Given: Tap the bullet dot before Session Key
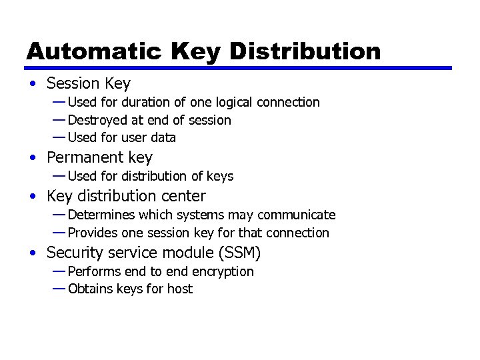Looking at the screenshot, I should (33, 84).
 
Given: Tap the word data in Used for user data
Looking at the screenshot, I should (163, 138).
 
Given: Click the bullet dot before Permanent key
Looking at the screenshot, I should (33, 158).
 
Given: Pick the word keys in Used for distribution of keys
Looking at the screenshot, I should (220, 176).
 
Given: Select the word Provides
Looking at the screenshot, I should (93, 233).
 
